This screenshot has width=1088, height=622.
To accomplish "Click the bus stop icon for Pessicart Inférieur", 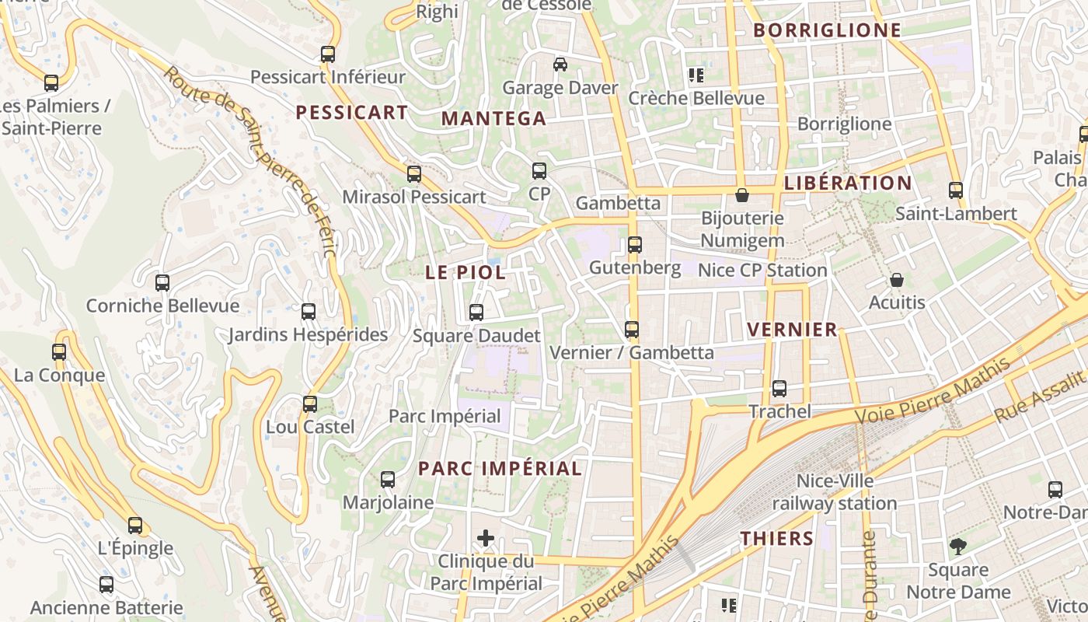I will [x=328, y=54].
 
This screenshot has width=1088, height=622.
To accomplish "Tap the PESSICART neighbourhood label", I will [x=351, y=112].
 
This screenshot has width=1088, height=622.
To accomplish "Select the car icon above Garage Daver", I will [x=560, y=65].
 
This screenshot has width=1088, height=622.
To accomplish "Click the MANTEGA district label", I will [x=493, y=118].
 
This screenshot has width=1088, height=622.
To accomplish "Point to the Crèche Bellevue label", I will [x=696, y=98].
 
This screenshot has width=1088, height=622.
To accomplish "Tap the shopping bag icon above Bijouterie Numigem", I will [x=742, y=194].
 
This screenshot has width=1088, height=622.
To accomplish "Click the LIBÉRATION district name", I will [x=848, y=183].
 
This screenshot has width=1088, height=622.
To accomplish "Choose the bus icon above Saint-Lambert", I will [x=956, y=190].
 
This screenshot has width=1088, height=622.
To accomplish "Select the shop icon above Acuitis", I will [x=897, y=280].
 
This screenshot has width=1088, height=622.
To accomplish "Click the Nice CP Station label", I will [x=762, y=271].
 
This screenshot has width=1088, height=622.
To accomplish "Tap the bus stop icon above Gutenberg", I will [x=635, y=245].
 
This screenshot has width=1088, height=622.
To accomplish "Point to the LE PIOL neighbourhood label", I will [x=466, y=273].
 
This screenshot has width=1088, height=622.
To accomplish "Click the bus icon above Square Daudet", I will [x=476, y=313].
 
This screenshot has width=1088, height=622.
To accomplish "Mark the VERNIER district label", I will [x=792, y=330].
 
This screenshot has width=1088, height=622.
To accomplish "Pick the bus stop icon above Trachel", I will [x=779, y=389].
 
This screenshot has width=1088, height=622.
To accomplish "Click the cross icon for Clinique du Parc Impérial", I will [x=486, y=537].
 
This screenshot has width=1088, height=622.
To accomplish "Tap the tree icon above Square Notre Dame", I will [x=958, y=547].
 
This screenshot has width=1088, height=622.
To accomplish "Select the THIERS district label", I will [x=776, y=538].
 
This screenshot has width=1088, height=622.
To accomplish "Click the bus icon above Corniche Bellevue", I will [x=162, y=283].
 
